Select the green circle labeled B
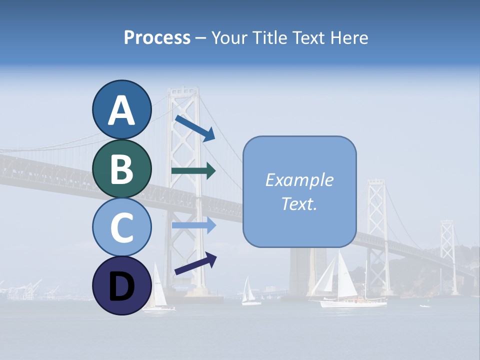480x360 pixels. click(x=121, y=168)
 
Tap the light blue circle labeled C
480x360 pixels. click(x=121, y=227)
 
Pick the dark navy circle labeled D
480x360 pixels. click(x=121, y=285)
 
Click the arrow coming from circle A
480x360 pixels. click(x=195, y=128)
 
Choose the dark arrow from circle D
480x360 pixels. click(x=195, y=264)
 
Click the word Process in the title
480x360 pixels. click(x=157, y=37)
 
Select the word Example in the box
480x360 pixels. click(x=299, y=180)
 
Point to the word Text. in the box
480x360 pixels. click(x=299, y=203)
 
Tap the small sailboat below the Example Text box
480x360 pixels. click(x=249, y=292)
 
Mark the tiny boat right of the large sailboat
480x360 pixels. click(x=425, y=305)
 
